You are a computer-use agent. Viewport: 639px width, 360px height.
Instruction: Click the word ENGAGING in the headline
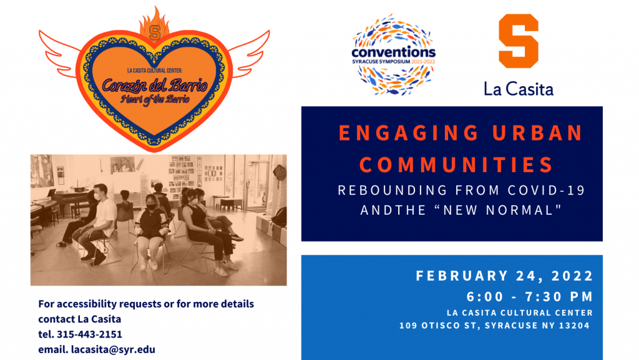coord(409,133)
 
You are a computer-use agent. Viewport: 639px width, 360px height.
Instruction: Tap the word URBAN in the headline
coord(537,133)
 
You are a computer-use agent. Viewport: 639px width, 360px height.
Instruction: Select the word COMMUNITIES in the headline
coord(456,165)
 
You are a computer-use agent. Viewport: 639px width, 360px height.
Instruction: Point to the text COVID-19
coord(547,190)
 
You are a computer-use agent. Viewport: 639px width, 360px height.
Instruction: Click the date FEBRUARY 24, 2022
coord(504,276)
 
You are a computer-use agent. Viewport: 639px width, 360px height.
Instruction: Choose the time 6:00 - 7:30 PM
coord(530,296)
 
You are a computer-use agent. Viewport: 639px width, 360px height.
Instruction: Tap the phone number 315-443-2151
coord(89,334)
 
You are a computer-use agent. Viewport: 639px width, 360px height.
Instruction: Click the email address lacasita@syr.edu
coord(113,349)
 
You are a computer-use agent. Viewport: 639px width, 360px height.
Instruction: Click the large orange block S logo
coord(519,41)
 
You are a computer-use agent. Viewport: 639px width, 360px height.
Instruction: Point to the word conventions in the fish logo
coord(393,52)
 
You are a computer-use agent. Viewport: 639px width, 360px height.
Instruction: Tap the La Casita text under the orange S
coord(519,89)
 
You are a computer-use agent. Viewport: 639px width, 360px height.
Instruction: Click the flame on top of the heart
coord(154,24)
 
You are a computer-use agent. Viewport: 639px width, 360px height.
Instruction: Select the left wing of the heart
coord(60,53)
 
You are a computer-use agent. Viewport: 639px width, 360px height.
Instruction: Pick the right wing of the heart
coord(248,53)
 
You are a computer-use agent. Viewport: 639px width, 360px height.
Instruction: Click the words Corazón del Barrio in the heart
coord(155,85)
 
